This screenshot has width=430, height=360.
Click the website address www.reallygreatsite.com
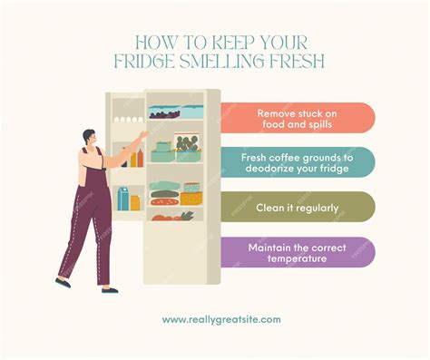pyautogui.click(x=221, y=319)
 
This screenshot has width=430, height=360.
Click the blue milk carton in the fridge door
pyautogui.click(x=122, y=198)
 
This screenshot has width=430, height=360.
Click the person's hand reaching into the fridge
pyautogui.click(x=142, y=135)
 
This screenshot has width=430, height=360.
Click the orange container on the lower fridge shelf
pyautogui.click(x=191, y=197)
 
